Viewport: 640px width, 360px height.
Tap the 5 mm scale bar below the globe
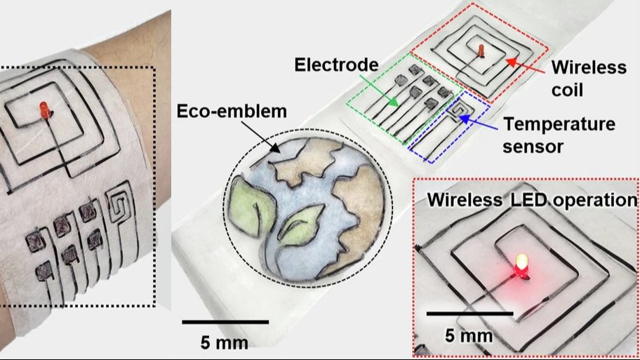tap(225, 321)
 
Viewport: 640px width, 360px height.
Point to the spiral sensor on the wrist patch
tap(120, 207)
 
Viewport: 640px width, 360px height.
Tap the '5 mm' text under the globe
tap(225, 343)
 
